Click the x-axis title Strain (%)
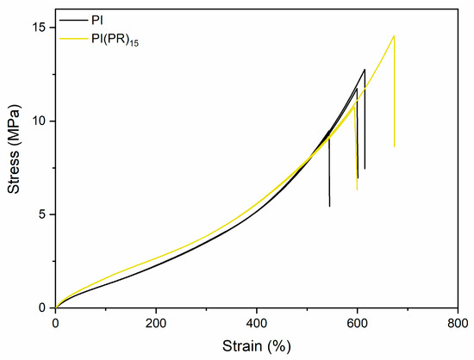point(256,346)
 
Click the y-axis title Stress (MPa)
point(15,160)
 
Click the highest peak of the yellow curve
point(394,35)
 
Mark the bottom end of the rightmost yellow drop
point(395,146)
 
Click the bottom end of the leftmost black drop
point(329,206)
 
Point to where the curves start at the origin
point(55,307)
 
